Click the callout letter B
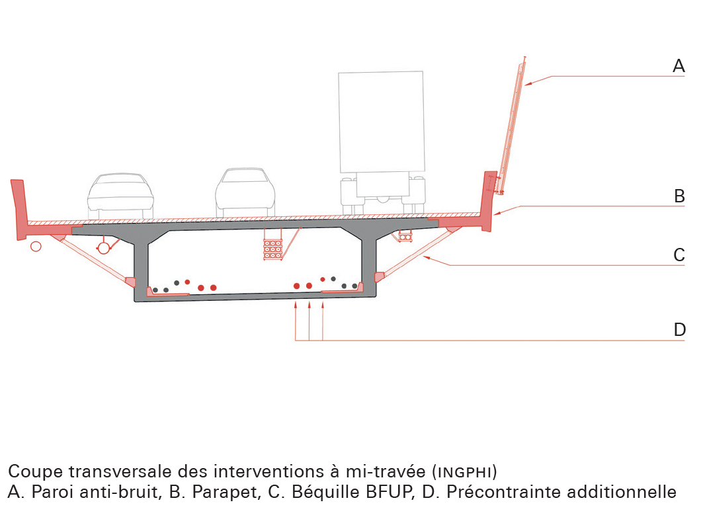679,196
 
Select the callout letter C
679,255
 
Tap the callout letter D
679,330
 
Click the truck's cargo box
380,122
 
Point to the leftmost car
120,196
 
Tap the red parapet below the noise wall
489,202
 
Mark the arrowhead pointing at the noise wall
529,84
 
